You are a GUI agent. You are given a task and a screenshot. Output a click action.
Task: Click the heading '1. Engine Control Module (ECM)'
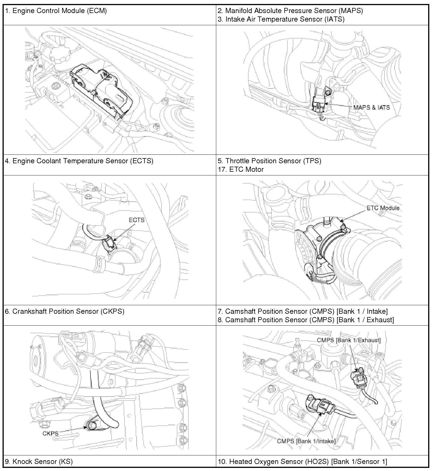click(56, 11)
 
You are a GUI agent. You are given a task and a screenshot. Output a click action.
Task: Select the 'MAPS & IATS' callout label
click(371, 108)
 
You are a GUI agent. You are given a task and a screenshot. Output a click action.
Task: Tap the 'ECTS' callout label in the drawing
click(136, 220)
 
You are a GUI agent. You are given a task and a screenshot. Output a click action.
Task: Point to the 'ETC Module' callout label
click(383, 208)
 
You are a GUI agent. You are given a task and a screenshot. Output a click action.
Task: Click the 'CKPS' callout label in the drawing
click(51, 433)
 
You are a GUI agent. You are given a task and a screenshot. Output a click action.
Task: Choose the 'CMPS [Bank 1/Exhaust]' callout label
click(349, 340)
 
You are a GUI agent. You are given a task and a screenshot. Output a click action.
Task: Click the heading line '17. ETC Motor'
click(241, 169)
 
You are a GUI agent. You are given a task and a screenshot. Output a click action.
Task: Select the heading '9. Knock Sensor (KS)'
click(39, 462)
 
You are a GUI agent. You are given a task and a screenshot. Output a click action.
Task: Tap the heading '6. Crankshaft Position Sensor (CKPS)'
click(65, 311)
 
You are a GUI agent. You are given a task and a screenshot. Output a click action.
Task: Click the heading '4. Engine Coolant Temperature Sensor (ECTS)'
click(79, 161)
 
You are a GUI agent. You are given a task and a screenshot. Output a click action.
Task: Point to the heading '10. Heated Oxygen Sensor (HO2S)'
click(302, 462)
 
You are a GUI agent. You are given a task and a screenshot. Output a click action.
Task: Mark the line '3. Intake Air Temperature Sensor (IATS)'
click(281, 19)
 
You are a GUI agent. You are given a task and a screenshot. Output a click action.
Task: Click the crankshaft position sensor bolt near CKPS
click(92, 426)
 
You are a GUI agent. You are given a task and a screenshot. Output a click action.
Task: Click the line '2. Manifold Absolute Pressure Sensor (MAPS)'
click(290, 11)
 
